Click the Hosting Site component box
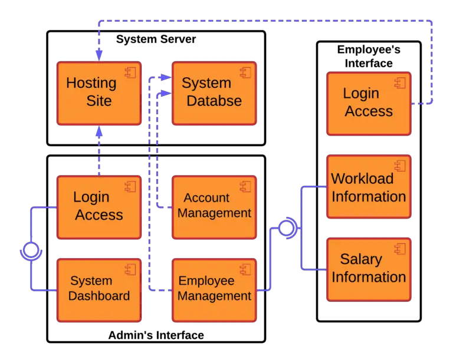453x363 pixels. coord(99,93)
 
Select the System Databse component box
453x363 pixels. coord(214,93)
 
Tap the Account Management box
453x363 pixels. coord(214,207)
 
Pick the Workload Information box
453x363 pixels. coord(368,187)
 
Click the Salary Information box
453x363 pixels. coord(368,269)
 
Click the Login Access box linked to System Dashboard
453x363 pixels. coord(99,207)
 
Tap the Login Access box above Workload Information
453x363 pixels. coord(368,103)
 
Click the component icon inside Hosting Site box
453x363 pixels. coord(130,73)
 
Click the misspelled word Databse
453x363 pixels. coord(214,101)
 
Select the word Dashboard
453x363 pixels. coord(99,296)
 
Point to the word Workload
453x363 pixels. coord(362,178)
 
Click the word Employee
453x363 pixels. coord(206,281)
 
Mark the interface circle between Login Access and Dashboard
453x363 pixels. coord(30,250)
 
